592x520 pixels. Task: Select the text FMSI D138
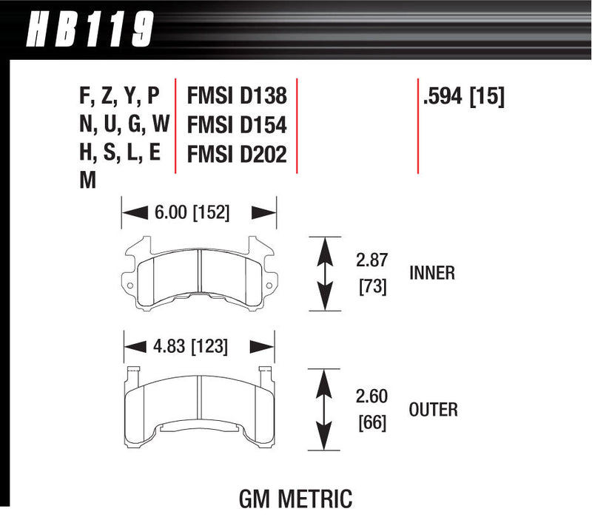(236, 97)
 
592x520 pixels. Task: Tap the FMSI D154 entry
(236, 124)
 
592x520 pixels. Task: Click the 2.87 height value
(372, 260)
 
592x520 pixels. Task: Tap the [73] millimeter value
(372, 287)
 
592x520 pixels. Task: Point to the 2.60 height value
(372, 396)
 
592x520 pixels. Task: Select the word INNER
(431, 274)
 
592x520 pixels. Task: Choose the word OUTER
(433, 408)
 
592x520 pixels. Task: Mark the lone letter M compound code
(87, 180)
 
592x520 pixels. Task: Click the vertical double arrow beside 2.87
(323, 274)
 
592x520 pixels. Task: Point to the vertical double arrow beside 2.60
(323, 409)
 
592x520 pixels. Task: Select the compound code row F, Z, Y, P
(118, 97)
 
